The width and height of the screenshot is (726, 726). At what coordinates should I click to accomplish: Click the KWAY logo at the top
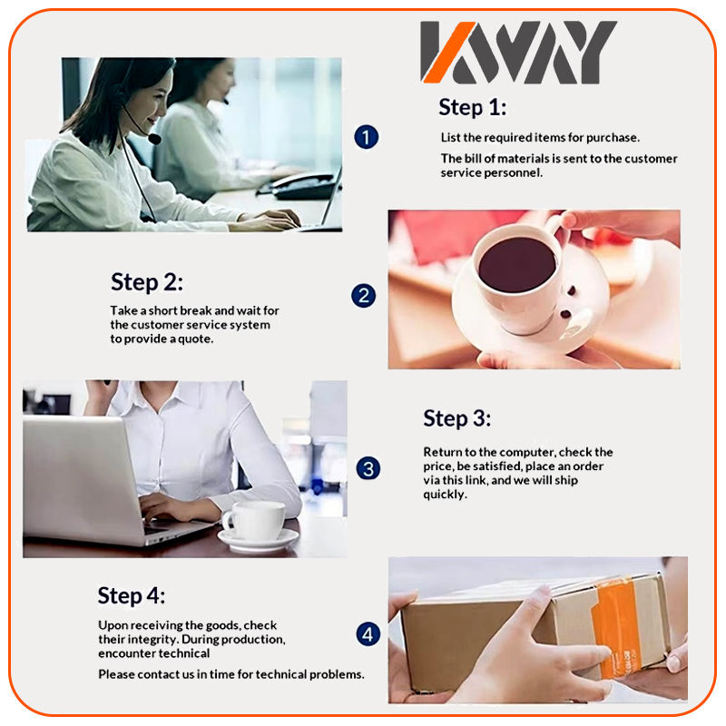(518, 52)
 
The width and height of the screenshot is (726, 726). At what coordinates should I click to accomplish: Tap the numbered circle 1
(367, 137)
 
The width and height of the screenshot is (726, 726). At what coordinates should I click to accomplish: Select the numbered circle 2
(364, 296)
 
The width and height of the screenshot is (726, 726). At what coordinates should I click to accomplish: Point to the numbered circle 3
(368, 468)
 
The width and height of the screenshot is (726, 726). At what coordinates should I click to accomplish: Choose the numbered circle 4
(368, 634)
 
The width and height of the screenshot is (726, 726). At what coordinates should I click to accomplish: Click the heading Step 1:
(472, 108)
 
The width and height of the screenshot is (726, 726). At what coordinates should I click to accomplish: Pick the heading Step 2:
(147, 282)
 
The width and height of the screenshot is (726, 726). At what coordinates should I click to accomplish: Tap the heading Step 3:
(457, 419)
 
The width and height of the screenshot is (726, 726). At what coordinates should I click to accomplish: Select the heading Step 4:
(131, 596)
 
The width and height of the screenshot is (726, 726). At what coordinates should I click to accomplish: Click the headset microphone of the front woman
(154, 139)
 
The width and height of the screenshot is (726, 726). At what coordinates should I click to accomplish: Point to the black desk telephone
(299, 186)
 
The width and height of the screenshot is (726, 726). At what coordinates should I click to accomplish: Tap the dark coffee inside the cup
(516, 265)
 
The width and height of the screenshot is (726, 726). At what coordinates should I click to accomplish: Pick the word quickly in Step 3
(445, 495)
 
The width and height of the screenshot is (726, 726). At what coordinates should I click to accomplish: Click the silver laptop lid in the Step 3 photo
(80, 479)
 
